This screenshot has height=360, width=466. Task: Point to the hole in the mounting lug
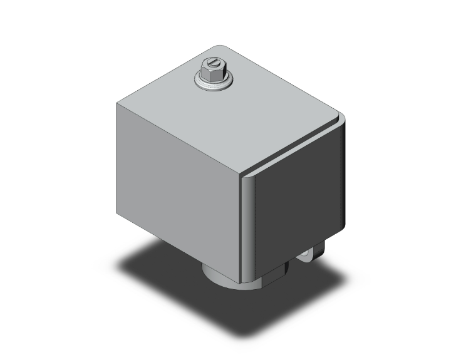click(x=307, y=255)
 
